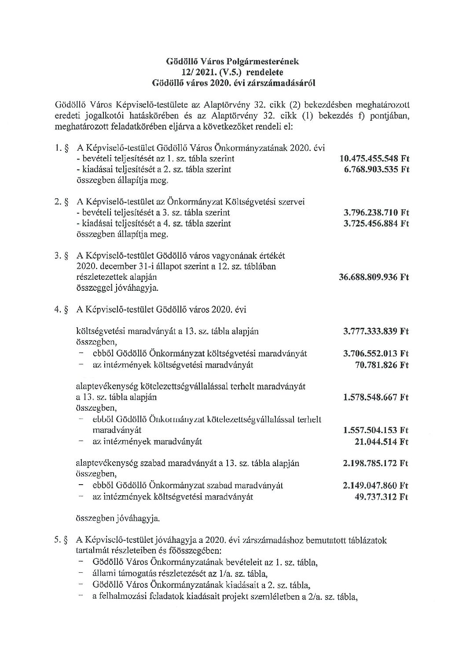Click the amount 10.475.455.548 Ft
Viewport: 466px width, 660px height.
pos(374,158)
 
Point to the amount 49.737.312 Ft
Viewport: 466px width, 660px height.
pos(382,497)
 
